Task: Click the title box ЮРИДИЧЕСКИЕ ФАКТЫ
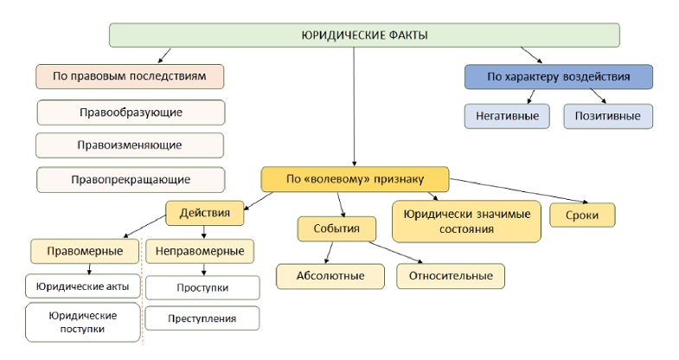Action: pos(364,35)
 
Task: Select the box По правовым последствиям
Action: pos(130,77)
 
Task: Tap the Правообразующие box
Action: pos(131,112)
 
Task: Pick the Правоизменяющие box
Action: pos(130,145)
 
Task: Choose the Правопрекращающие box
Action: pos(131,180)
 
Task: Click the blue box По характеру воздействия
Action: pos(559,77)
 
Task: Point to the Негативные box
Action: pos(507,116)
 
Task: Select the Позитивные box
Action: pos(608,116)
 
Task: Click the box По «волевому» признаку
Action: pos(356,179)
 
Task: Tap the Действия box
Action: pos(205,213)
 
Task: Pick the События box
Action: pos(336,228)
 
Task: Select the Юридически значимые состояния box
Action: pos(466,222)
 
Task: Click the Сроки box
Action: pos(582,215)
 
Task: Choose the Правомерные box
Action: pos(85,251)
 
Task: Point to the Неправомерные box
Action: pos(200,251)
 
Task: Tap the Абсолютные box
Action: pos(330,276)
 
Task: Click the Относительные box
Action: pos(451,276)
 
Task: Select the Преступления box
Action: pos(202,318)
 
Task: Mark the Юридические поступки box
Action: pos(83,322)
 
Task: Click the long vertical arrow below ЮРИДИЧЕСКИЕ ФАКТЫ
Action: pos(355,106)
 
